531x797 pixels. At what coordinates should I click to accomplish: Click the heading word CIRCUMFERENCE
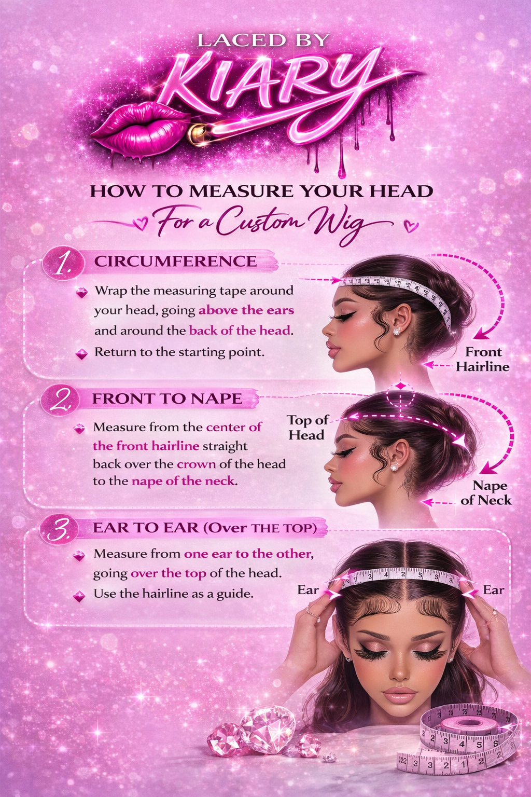point(175,262)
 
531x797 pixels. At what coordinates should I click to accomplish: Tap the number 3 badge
point(59,530)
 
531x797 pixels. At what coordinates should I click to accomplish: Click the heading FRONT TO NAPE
point(167,398)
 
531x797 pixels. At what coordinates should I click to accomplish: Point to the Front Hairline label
point(483,360)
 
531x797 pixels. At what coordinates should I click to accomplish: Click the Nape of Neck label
point(486,493)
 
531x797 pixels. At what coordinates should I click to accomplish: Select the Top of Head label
point(308,428)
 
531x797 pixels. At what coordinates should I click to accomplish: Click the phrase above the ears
point(246,311)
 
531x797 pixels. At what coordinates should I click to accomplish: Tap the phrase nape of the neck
point(183,482)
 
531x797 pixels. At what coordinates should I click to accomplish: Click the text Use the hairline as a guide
point(174,594)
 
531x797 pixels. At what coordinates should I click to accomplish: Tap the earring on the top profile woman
point(396,331)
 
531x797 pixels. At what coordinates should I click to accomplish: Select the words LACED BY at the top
point(263,40)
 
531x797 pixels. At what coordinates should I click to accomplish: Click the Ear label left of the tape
point(308,590)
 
